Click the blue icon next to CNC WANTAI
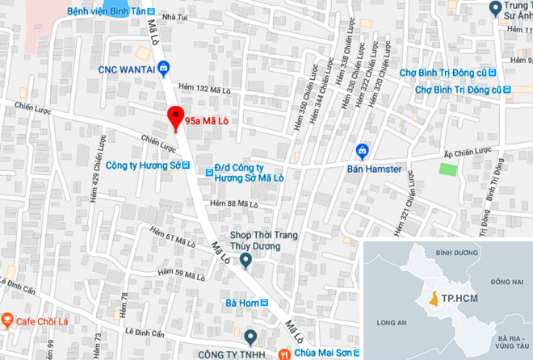[163, 68]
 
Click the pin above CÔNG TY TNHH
[251, 336]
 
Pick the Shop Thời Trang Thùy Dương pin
[246, 260]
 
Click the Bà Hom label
[241, 304]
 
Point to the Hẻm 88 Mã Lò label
[233, 203]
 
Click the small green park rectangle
[447, 170]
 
